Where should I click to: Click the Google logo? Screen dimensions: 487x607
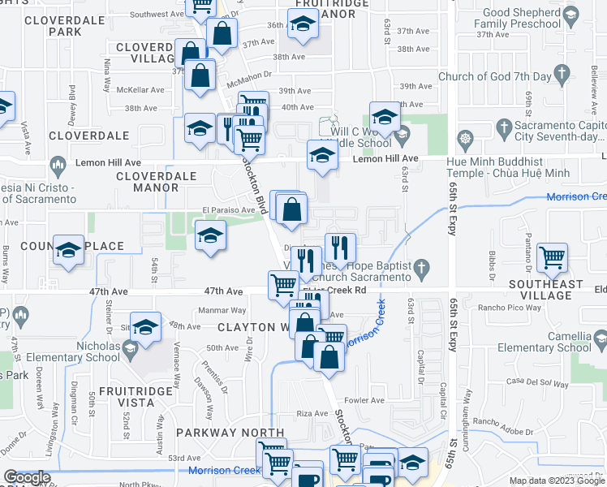coord(28,477)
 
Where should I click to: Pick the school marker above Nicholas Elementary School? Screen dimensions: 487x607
coord(146,329)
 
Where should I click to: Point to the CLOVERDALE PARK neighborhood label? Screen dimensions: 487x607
coord(54,24)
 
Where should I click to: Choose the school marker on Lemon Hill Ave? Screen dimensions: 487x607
coord(322,157)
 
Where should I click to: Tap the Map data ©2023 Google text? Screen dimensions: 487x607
coord(556,481)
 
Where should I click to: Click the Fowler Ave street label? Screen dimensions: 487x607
coord(364,400)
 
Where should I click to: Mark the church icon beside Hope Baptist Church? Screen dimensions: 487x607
coord(421,267)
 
